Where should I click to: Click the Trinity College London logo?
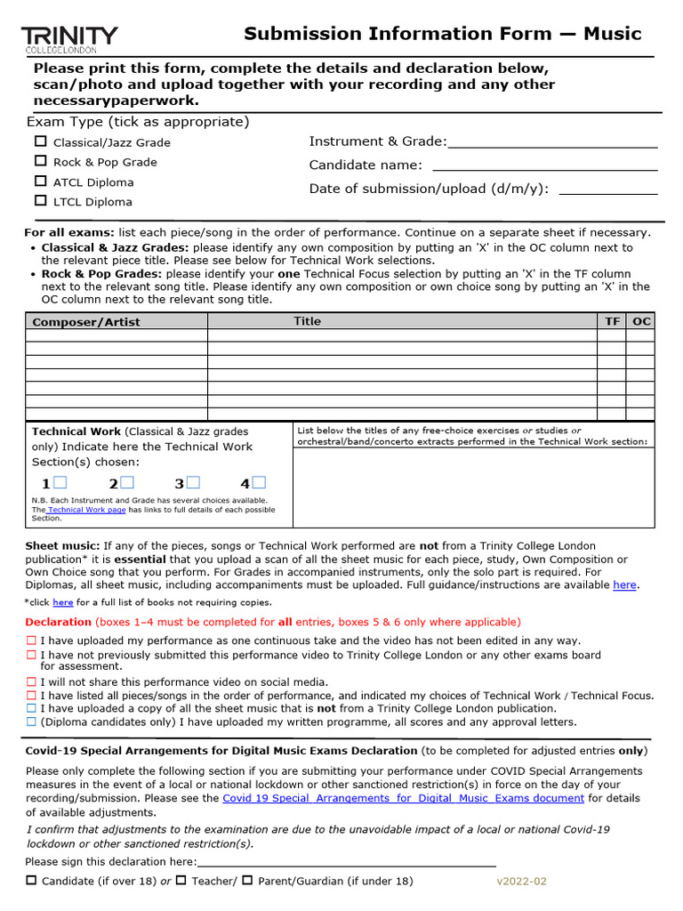coord(69,39)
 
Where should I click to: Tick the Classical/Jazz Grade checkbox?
coord(41,141)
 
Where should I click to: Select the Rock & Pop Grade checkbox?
coord(41,161)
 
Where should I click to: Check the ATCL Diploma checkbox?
coord(41,181)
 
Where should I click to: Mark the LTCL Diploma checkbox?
coord(41,201)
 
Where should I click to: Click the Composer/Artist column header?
coord(86,322)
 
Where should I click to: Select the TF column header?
coord(612,321)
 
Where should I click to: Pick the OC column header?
coord(640,321)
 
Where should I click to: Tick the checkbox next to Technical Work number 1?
coord(60,483)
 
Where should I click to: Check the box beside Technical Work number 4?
coord(259,483)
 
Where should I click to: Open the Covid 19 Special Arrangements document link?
coord(403,798)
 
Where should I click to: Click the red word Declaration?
coord(58,622)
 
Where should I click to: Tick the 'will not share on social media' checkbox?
coord(31,682)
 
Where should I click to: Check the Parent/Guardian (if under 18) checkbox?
coord(248,880)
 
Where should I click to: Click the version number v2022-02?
coord(521,881)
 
